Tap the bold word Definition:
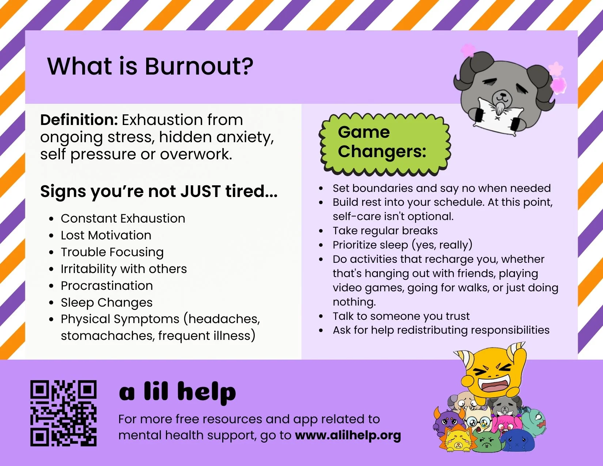tap(79, 120)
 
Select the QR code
tap(63, 413)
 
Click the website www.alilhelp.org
tap(348, 435)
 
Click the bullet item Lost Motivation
tap(106, 235)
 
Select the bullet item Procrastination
tap(107, 286)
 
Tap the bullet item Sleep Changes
tap(107, 303)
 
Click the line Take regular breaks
tap(385, 231)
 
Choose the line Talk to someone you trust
tap(401, 316)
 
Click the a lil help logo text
tap(178, 391)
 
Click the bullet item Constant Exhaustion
tap(123, 219)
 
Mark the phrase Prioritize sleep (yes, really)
tap(402, 245)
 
